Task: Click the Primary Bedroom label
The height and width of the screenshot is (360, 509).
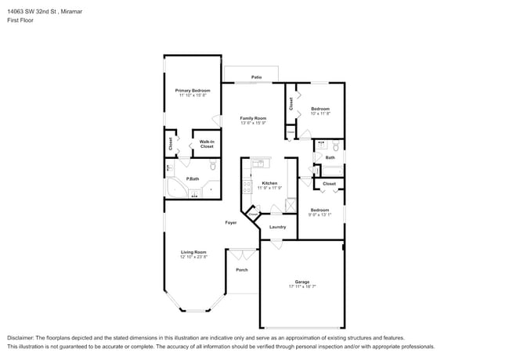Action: (x=193, y=91)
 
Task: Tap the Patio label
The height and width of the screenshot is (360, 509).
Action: (x=256, y=77)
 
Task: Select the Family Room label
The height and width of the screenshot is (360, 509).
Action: (x=253, y=118)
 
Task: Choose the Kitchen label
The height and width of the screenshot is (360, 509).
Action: (x=269, y=183)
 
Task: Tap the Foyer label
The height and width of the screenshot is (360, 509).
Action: (x=231, y=222)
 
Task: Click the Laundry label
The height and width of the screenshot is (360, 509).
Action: (x=277, y=227)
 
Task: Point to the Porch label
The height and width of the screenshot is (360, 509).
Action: (x=242, y=270)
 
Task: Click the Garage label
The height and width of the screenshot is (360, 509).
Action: (x=302, y=282)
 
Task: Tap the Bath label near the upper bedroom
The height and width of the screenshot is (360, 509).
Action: (x=330, y=157)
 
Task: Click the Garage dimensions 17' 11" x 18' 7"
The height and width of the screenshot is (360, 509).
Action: (x=302, y=287)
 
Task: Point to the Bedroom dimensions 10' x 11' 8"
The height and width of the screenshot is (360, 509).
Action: (x=320, y=113)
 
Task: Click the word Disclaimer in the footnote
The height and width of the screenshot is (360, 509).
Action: (x=21, y=337)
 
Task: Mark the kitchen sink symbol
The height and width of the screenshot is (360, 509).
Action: (x=257, y=164)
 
